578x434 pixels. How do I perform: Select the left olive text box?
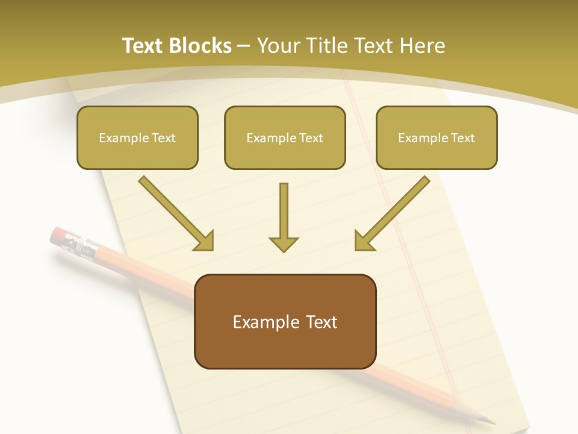coord(137,137)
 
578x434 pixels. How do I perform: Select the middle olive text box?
coord(285,137)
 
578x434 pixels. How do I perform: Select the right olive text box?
coord(437,137)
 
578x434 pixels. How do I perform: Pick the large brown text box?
coord(285,321)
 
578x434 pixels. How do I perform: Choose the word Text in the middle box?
coord(311,137)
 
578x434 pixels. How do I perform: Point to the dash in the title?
coord(244,46)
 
